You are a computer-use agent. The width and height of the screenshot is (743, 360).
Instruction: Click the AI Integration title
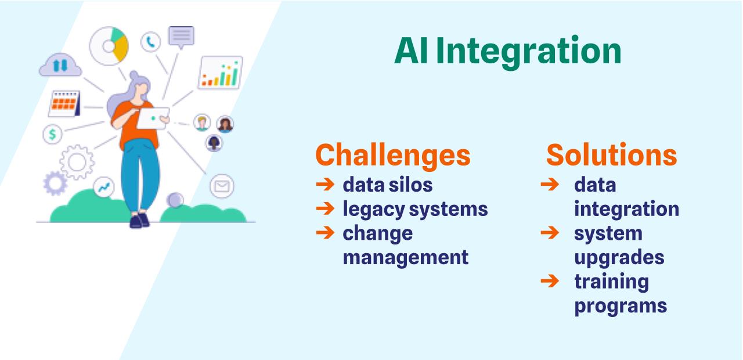click(x=507, y=52)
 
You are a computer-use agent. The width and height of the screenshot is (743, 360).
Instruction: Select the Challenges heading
click(x=393, y=155)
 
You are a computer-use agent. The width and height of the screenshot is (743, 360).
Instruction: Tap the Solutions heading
click(x=612, y=154)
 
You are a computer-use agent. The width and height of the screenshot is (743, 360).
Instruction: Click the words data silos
click(x=387, y=185)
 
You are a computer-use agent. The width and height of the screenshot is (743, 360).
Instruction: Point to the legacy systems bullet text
click(x=415, y=210)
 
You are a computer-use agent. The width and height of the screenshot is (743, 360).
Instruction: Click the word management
click(x=405, y=257)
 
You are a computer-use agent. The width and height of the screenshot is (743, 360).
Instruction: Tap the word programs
click(x=621, y=306)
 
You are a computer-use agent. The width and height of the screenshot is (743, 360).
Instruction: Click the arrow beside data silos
click(x=325, y=184)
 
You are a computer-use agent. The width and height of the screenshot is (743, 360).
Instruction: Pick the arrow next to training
click(x=550, y=280)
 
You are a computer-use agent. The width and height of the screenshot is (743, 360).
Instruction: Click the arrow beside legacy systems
click(x=325, y=208)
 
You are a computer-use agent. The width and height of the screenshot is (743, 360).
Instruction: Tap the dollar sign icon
click(x=52, y=134)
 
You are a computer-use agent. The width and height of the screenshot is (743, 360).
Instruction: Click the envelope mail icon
click(x=222, y=186)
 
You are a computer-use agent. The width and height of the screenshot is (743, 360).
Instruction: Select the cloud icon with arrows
click(x=60, y=65)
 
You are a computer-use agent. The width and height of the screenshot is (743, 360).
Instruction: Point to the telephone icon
click(x=150, y=42)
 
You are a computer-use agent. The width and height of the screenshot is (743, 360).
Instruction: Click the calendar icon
click(x=64, y=103)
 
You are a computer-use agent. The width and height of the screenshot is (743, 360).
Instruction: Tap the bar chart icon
click(x=221, y=73)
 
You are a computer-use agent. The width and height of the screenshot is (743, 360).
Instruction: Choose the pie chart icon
click(x=109, y=46)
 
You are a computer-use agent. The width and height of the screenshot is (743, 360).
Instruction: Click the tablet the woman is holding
click(x=153, y=118)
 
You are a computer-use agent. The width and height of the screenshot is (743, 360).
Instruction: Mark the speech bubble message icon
click(x=181, y=37)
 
